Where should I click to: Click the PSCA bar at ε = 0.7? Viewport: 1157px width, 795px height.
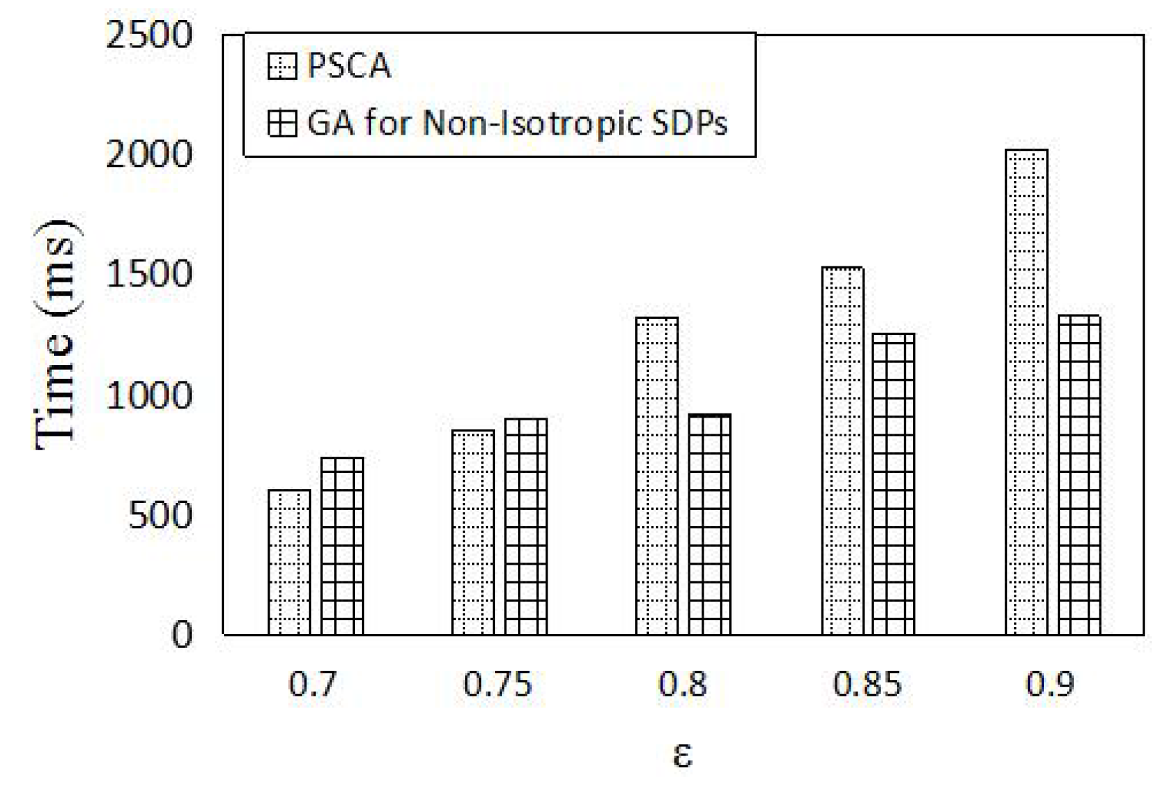tap(289, 562)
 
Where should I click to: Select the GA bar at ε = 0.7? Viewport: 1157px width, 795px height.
tap(342, 546)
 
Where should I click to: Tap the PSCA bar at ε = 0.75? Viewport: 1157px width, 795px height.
tap(473, 532)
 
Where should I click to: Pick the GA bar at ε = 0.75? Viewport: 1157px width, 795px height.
tap(525, 527)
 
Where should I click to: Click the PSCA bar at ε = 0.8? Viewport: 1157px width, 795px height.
tap(656, 476)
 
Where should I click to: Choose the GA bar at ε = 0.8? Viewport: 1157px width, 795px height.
tap(709, 524)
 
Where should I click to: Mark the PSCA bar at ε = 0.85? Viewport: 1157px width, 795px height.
tap(842, 451)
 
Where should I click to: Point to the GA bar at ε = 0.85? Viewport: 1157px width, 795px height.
tap(894, 484)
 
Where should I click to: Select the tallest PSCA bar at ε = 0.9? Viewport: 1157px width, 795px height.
tap(1026, 392)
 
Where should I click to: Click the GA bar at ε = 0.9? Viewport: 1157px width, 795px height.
tap(1079, 475)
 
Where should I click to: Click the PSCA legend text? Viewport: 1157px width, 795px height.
tap(349, 67)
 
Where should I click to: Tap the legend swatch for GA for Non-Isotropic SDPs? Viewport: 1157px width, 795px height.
tap(281, 124)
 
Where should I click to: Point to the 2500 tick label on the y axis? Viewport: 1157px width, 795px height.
tap(148, 35)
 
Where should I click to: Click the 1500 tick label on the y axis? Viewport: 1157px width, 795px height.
tap(148, 275)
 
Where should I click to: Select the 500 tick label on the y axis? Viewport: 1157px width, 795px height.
tap(159, 515)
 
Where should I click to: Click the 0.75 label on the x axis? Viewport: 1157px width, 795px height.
tap(497, 685)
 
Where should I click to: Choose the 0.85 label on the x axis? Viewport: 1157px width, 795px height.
tap(867, 685)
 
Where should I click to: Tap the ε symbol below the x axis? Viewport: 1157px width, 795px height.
tap(682, 755)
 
